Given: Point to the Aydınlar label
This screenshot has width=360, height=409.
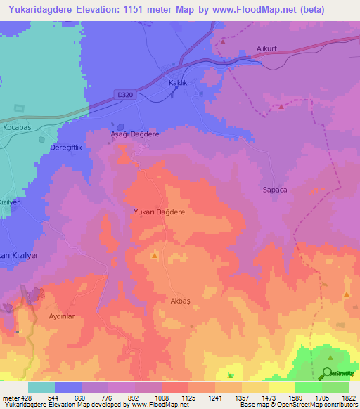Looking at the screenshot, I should [62, 316].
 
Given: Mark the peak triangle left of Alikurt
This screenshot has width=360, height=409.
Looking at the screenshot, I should [222, 41].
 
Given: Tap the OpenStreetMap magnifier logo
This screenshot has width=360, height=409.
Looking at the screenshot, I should [328, 373].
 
